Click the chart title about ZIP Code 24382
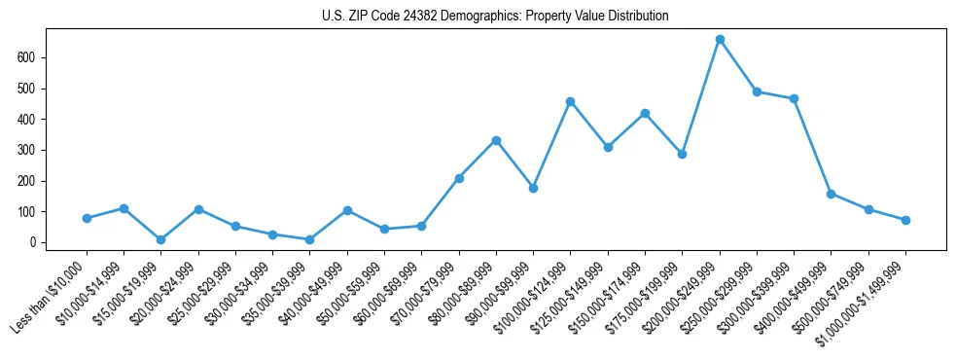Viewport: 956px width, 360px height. click(x=495, y=17)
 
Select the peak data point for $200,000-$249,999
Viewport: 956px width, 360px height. click(x=720, y=40)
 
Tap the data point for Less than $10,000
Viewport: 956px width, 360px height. click(x=87, y=218)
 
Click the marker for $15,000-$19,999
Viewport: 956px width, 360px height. click(x=161, y=239)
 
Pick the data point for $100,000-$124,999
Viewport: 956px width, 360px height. click(x=571, y=101)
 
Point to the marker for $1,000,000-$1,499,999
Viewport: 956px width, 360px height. click(x=905, y=220)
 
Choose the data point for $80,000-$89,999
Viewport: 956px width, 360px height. click(x=496, y=140)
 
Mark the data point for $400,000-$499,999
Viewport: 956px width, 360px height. click(x=832, y=194)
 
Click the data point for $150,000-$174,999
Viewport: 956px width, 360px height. click(x=645, y=113)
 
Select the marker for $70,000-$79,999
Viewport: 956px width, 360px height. click(x=459, y=178)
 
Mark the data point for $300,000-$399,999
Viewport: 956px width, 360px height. click(x=795, y=98)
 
